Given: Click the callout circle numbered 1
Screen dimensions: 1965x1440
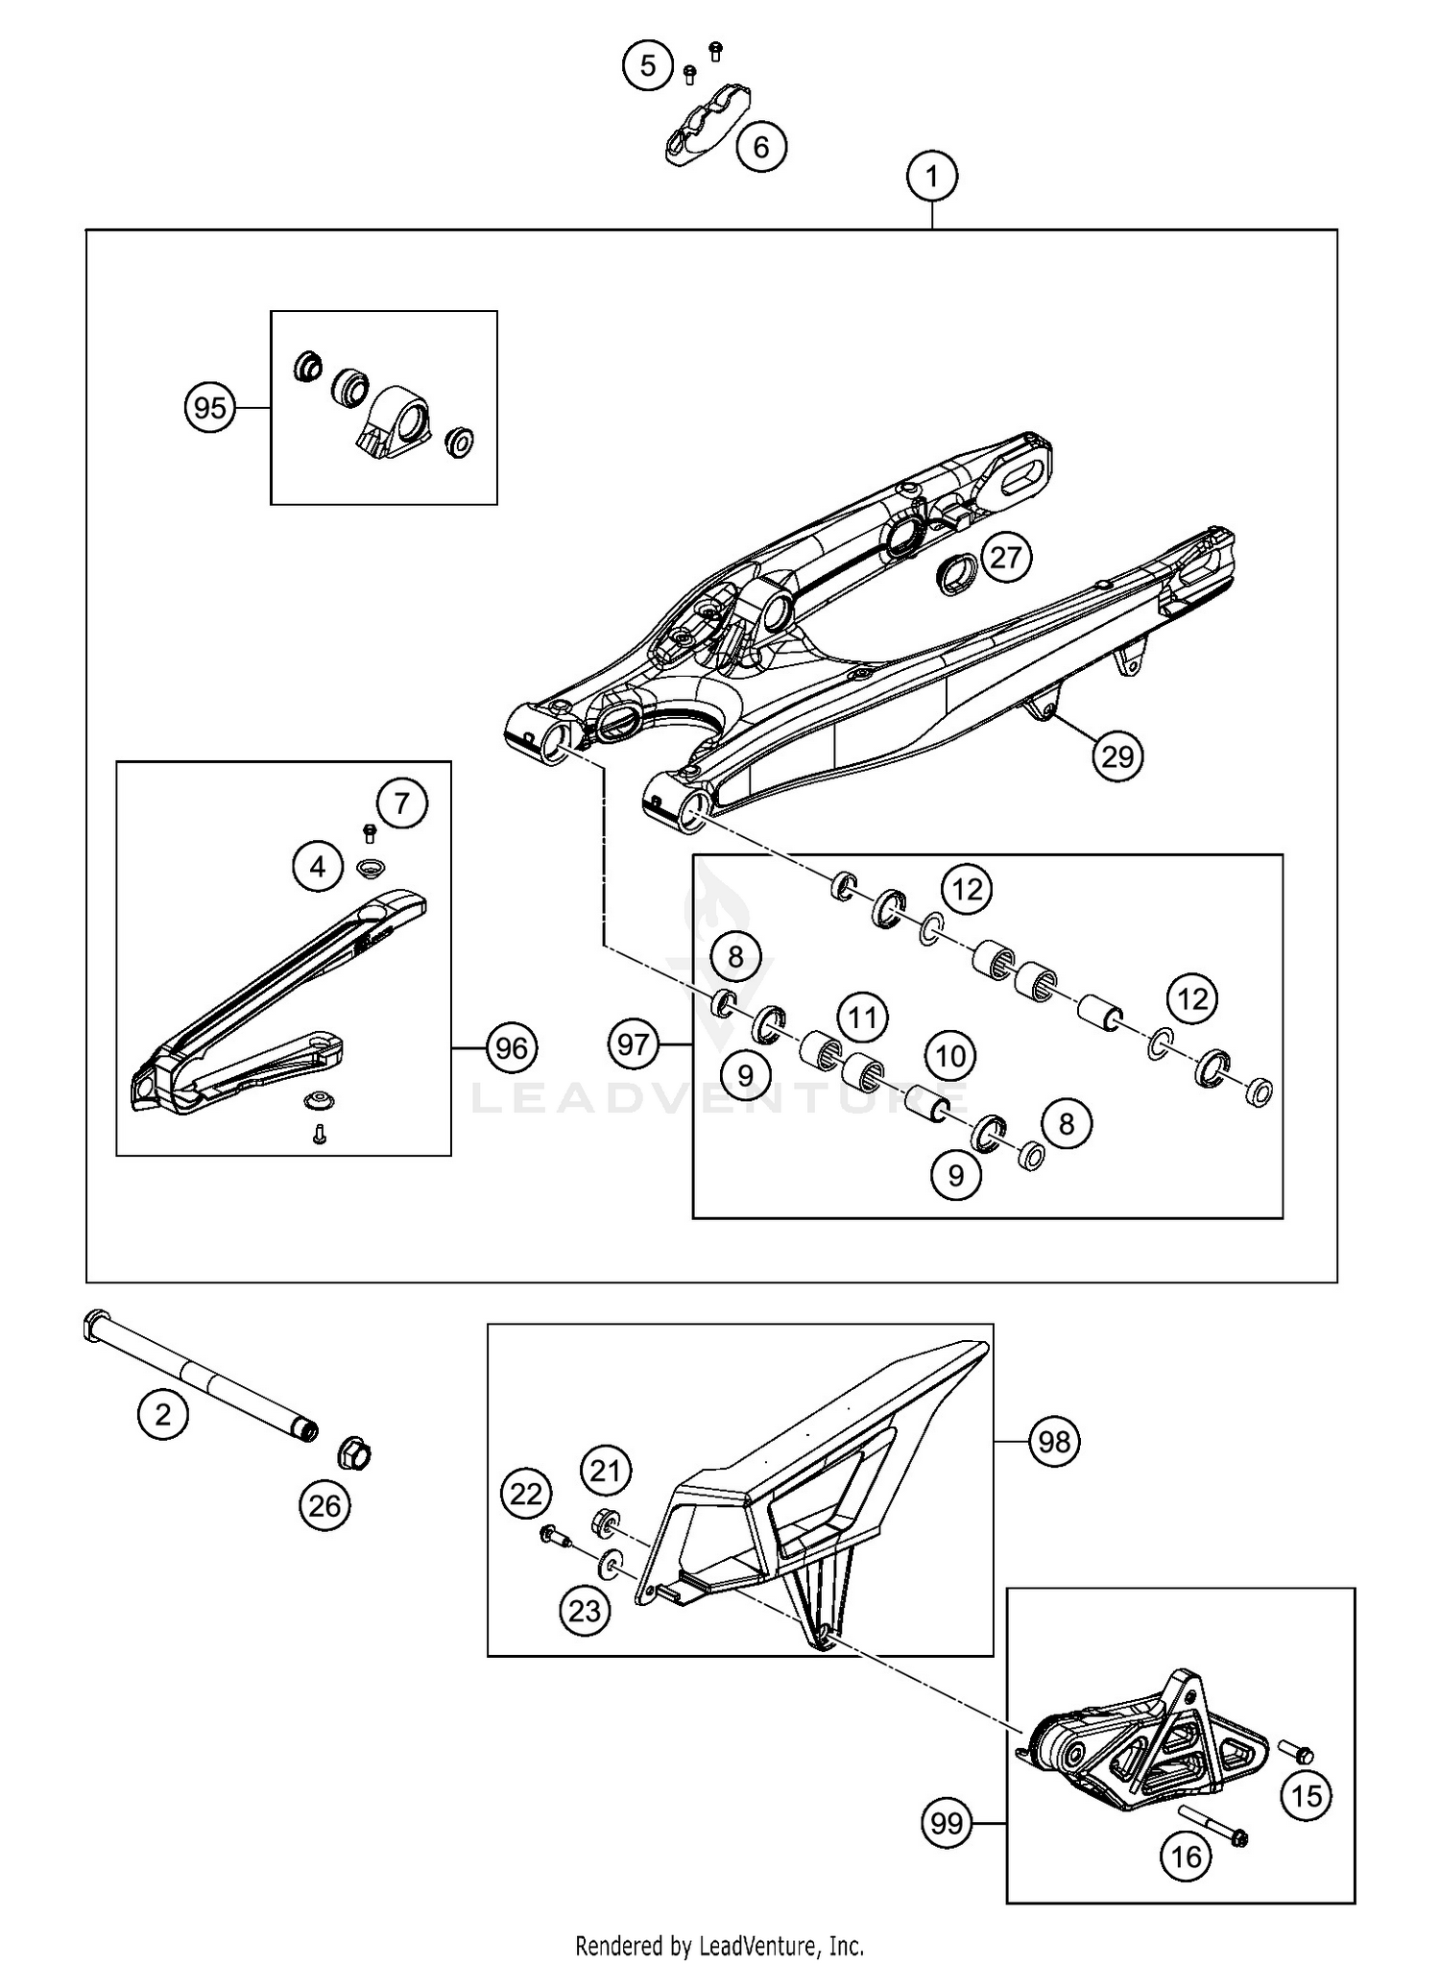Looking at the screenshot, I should pos(931,177).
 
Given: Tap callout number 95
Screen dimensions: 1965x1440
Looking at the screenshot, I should pos(210,408).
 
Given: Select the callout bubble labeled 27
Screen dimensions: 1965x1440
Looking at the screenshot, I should pos(1006,557).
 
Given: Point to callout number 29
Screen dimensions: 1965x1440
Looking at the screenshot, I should pos(1117,756).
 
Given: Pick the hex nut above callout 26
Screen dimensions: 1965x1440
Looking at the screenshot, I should pos(353,1454).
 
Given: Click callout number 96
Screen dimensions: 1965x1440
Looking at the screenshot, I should pos(511,1047).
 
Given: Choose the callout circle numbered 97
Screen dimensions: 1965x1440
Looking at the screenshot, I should pos(634,1043).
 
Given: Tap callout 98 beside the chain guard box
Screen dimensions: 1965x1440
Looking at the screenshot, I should pos(1054,1441).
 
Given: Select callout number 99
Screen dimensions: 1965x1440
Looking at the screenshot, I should pos(947,1823).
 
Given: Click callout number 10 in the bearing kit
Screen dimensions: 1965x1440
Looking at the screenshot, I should pos(950,1056).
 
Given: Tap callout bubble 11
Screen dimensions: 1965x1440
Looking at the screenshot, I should pos(862,1016).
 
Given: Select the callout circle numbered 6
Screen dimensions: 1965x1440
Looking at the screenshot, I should pos(761,147).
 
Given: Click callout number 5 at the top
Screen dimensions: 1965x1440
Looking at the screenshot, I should pos(648,66).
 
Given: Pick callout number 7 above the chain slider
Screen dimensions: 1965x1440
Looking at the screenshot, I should pos(401,803).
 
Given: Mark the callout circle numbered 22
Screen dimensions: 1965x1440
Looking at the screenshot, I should pos(526,1494).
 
